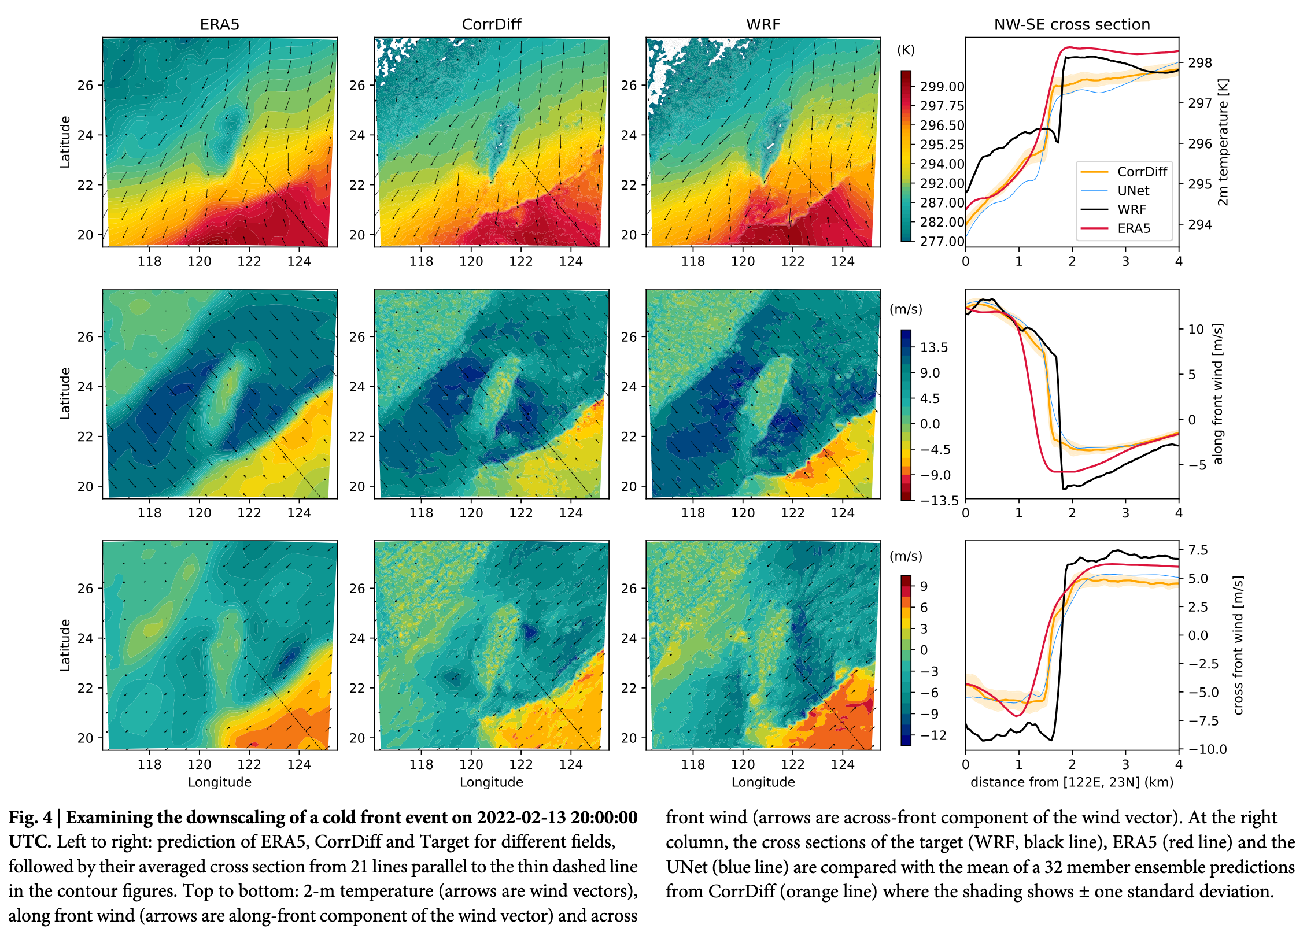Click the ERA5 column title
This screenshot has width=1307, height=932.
[219, 24]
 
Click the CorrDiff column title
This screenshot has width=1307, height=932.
[492, 24]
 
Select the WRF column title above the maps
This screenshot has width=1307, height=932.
[763, 24]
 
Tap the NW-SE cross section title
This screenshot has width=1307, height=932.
[1072, 24]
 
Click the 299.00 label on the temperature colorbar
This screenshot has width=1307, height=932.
[942, 87]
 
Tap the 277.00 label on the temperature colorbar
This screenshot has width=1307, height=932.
[942, 241]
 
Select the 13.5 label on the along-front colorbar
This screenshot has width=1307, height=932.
[934, 347]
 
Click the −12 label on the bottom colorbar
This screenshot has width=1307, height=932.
[933, 735]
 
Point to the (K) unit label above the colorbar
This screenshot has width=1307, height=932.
[906, 50]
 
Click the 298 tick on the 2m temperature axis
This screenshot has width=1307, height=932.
[1200, 63]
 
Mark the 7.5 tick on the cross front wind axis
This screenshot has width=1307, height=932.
[1198, 550]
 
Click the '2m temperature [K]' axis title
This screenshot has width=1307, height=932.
[1223, 142]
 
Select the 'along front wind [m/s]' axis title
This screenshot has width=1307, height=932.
[1218, 394]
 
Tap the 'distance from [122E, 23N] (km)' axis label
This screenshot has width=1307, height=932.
[1072, 782]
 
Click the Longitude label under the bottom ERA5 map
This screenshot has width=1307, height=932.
[220, 782]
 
